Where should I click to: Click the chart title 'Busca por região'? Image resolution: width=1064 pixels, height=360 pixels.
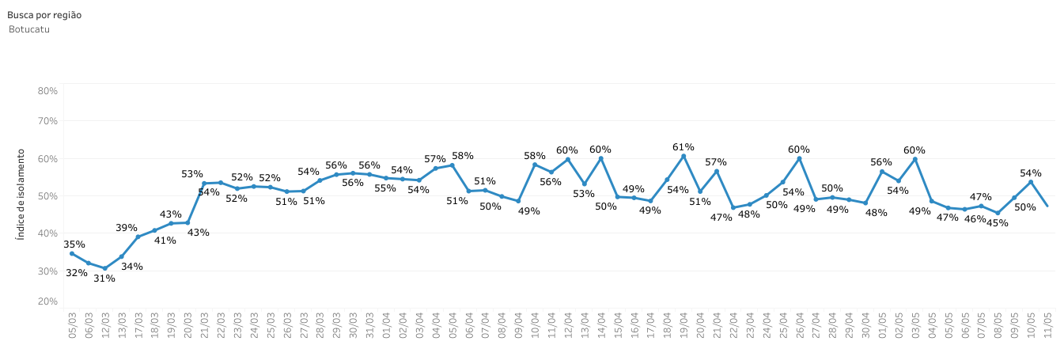click(x=44, y=15)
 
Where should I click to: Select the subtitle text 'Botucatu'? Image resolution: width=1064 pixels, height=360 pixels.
click(x=29, y=29)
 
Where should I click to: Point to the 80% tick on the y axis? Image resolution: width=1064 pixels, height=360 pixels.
click(x=47, y=91)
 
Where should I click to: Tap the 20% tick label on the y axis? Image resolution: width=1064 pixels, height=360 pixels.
click(x=47, y=301)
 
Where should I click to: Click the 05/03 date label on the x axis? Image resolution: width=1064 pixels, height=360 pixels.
click(x=72, y=326)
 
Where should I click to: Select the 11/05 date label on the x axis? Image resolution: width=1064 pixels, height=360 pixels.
click(x=1047, y=326)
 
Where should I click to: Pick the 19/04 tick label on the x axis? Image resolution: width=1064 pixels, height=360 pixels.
click(x=683, y=326)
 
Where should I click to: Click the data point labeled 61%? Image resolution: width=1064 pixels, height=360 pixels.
click(x=683, y=156)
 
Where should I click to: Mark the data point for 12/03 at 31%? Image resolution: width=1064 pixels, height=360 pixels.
click(x=105, y=268)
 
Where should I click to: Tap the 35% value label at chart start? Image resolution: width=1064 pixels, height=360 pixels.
click(x=74, y=244)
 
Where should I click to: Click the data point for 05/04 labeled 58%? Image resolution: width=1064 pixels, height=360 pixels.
click(x=452, y=165)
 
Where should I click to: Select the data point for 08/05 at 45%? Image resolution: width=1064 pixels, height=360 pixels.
click(x=998, y=213)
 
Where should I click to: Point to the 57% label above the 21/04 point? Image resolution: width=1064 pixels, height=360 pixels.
click(x=716, y=161)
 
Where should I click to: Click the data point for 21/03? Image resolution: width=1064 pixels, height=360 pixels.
click(x=204, y=184)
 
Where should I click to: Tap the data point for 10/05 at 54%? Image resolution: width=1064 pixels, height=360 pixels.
click(x=1031, y=182)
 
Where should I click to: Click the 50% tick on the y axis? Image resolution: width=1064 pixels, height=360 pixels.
click(x=47, y=195)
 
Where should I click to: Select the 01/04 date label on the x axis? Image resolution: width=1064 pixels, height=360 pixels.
click(x=386, y=326)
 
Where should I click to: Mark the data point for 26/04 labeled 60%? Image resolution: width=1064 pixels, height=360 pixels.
click(x=799, y=158)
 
